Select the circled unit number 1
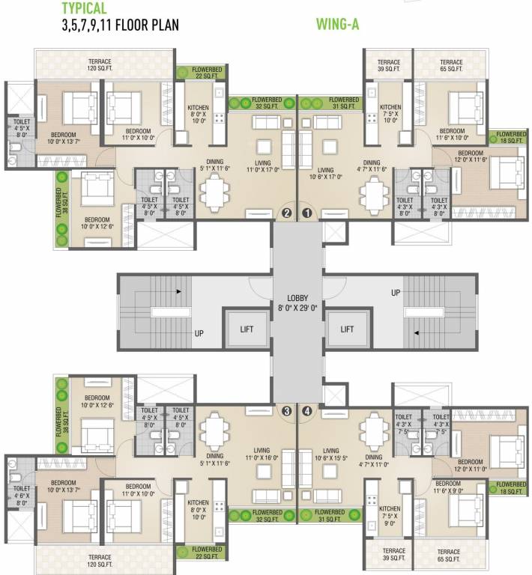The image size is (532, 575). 306,213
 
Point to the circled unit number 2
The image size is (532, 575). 285,213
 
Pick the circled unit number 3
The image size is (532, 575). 285,410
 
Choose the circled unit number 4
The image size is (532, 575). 306,410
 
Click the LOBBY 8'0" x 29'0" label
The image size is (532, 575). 297,302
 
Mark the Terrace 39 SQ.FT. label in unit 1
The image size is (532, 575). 388,65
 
